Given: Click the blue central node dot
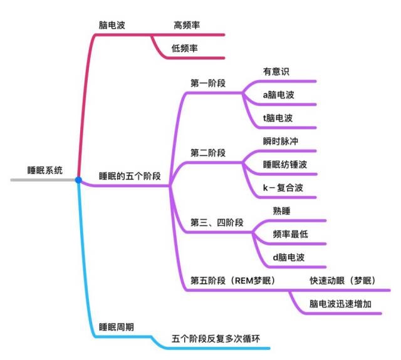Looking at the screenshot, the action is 78,180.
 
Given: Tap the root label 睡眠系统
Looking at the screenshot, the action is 44,170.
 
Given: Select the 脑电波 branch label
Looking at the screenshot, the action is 112,25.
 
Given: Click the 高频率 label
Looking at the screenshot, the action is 187,25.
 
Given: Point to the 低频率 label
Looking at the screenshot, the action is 184,48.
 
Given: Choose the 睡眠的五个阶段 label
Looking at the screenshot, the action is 130,176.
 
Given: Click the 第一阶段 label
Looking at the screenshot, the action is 208,83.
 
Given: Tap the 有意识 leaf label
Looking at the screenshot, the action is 276,71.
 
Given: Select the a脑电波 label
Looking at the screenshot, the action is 278,95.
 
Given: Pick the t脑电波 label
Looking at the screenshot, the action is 278,118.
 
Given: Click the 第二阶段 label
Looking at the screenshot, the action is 208,153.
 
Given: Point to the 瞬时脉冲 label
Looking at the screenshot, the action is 281,141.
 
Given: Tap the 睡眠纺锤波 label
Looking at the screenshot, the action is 285,164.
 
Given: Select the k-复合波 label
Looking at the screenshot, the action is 283,188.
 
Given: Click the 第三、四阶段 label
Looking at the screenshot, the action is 217,222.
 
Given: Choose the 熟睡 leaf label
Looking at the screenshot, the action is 281,211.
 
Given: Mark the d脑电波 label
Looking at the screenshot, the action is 289,257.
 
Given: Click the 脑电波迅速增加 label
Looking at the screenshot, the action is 340,304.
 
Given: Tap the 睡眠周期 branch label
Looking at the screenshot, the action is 117,327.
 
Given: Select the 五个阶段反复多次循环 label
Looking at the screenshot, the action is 216,339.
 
